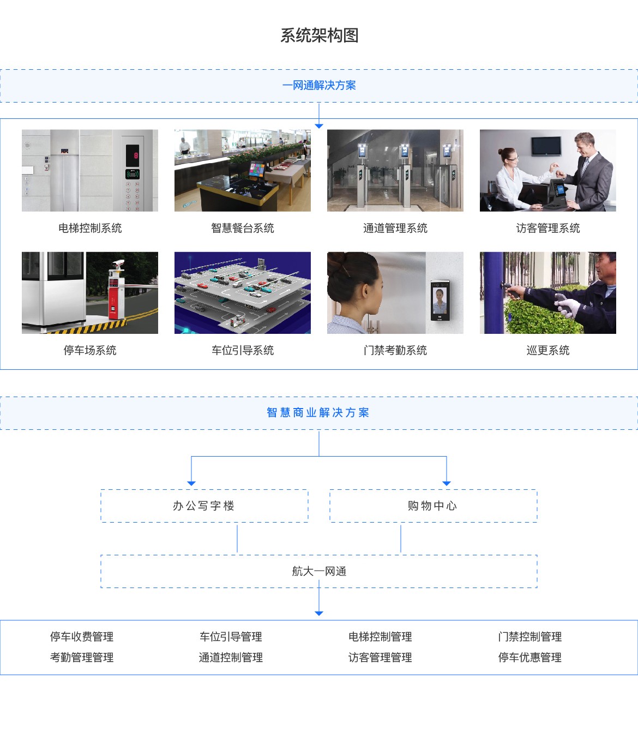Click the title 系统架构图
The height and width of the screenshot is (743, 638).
[x=319, y=35]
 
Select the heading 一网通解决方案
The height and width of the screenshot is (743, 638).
[x=319, y=85]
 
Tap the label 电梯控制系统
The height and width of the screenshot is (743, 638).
[x=90, y=228]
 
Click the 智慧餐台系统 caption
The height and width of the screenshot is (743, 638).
[x=243, y=228]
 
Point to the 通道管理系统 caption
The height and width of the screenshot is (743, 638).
[x=395, y=228]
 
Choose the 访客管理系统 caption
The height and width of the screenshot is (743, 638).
[x=548, y=228]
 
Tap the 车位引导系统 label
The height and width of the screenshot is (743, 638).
[x=243, y=350]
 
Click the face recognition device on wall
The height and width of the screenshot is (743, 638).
[x=440, y=299]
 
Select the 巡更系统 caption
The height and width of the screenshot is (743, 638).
[x=548, y=350]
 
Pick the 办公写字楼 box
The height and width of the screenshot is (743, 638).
[x=204, y=506]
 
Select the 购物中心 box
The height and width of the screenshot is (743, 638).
[x=433, y=506]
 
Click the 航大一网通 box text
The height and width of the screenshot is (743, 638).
[x=319, y=571]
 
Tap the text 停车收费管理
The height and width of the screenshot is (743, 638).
[x=82, y=637]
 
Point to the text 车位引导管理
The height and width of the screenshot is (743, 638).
[x=231, y=637]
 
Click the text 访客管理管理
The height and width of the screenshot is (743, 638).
[x=380, y=657]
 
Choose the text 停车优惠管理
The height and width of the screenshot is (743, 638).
[x=530, y=657]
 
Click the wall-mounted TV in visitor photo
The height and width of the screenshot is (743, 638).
[x=546, y=146]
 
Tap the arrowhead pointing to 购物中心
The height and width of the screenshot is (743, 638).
[x=447, y=483]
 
